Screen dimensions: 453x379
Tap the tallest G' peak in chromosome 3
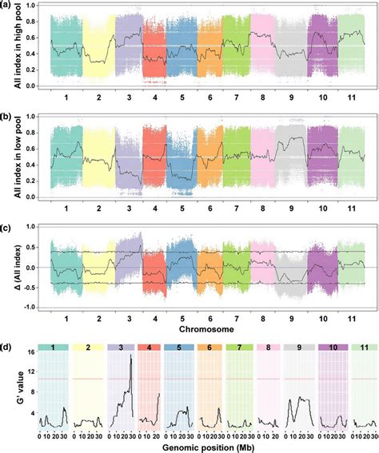[130, 355]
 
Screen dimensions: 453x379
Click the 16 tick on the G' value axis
[30, 352]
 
